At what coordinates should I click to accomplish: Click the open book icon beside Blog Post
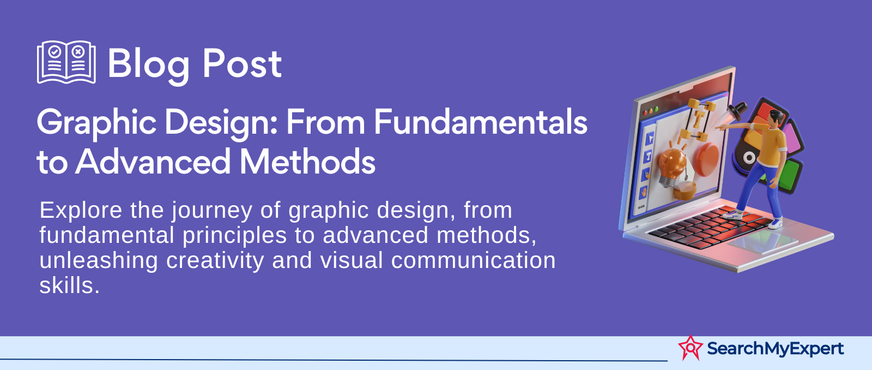coord(66,62)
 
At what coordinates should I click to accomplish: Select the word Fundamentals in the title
coord(481,122)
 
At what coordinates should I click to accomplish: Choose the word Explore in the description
coord(81,211)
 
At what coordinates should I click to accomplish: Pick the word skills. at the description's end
coord(70,286)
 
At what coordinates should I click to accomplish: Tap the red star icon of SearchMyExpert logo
coord(691,348)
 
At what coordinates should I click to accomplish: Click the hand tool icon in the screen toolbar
coord(644,192)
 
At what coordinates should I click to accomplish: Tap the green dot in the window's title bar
coord(656,110)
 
